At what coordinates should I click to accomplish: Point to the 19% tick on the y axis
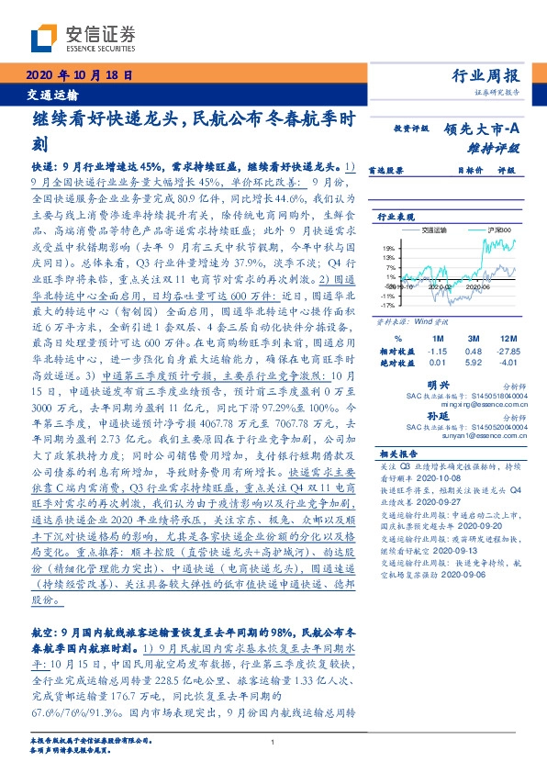coord(388,249)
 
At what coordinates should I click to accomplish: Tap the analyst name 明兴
coord(440,386)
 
